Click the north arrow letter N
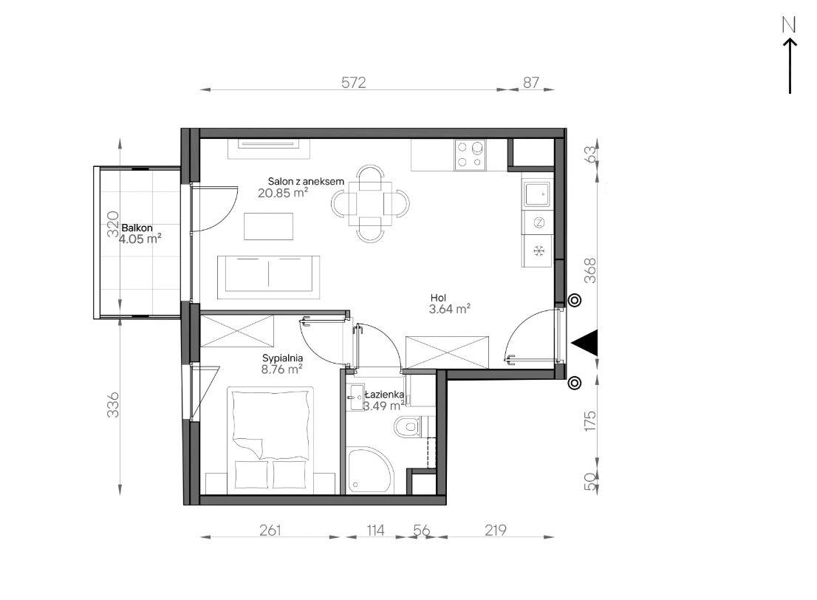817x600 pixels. [x=790, y=25]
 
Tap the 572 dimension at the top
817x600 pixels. [x=354, y=82]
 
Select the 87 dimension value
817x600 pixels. [x=531, y=82]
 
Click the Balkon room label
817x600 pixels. [x=137, y=228]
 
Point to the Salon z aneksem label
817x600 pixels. [x=306, y=182]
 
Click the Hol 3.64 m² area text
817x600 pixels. [x=450, y=309]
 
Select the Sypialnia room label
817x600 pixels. [x=282, y=358]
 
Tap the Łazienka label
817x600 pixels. [x=385, y=395]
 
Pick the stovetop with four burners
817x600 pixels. [x=470, y=155]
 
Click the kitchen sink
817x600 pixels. [x=537, y=194]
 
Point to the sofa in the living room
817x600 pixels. [x=268, y=277]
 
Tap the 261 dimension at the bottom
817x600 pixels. [x=270, y=530]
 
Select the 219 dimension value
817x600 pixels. [x=495, y=530]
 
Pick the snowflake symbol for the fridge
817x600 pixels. [x=539, y=251]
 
